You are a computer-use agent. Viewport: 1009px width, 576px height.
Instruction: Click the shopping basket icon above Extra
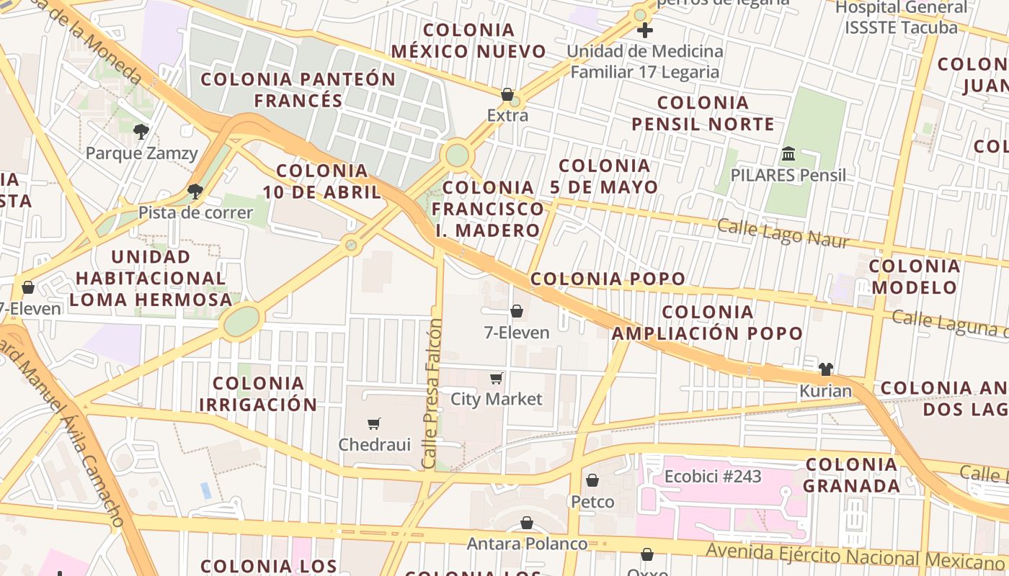(507, 94)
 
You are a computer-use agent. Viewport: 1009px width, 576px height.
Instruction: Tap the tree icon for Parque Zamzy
(141, 131)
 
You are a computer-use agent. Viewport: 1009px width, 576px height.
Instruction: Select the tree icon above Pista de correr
(195, 191)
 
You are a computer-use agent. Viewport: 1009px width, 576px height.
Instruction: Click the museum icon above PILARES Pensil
(788, 154)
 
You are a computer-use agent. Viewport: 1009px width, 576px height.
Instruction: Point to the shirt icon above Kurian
(826, 369)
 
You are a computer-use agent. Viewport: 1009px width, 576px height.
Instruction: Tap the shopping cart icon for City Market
(496, 378)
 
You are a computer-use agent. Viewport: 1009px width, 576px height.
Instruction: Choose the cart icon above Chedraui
(373, 423)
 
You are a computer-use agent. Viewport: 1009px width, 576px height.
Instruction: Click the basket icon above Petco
(592, 480)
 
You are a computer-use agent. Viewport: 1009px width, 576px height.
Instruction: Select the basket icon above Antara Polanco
(527, 523)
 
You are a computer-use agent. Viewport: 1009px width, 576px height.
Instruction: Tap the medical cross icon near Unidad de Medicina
(645, 30)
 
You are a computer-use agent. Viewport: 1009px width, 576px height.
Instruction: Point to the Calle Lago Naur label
(783, 233)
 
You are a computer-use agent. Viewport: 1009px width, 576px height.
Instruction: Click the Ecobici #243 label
(712, 476)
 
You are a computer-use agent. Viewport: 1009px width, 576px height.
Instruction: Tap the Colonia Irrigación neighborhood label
(258, 394)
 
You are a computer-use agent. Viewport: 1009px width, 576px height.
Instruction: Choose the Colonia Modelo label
(914, 276)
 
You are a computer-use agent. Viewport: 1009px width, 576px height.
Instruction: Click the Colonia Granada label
(851, 474)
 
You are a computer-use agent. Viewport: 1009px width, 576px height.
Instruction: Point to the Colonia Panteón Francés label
(298, 89)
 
